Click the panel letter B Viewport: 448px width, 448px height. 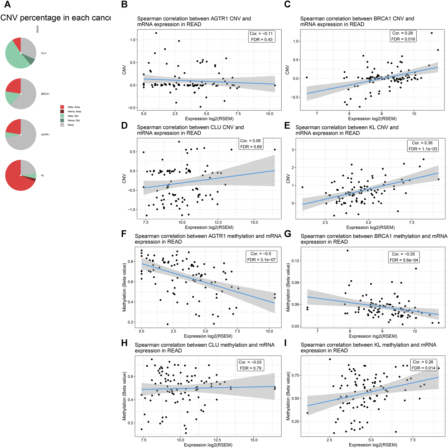[x=124, y=5]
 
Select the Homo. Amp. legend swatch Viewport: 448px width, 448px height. [x=62, y=111]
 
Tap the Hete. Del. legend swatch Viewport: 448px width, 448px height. [x=62, y=116]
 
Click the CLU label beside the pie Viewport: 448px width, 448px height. [x=44, y=53]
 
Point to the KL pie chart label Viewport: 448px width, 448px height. [x=43, y=175]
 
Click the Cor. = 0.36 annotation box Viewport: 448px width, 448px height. [x=423, y=143]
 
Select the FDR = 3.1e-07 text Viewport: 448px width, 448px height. [x=261, y=260]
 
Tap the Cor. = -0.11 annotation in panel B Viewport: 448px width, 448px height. [x=261, y=34]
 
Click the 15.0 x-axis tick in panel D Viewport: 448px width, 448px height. [x=254, y=222]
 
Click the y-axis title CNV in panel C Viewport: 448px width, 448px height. [x=287, y=70]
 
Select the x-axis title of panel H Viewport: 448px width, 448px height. [x=208, y=445]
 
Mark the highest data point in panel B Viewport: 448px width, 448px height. [x=156, y=33]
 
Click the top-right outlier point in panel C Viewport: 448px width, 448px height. [x=432, y=33]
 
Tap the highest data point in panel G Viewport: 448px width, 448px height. [x=348, y=251]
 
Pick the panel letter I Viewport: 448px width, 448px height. [x=285, y=343]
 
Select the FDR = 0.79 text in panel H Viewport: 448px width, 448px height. [x=250, y=368]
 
